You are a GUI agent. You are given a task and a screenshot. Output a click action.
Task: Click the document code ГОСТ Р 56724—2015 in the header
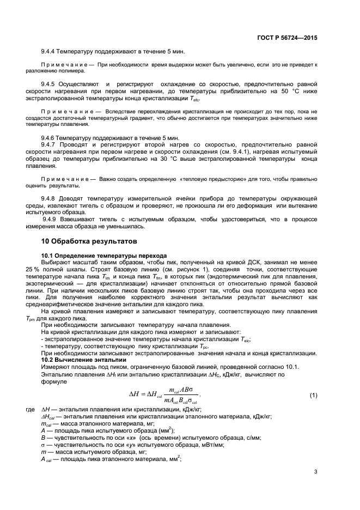pos(287,38)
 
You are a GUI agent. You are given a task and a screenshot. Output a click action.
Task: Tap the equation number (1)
pos(313,394)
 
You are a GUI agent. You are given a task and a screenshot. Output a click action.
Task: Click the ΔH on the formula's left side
pos(134,394)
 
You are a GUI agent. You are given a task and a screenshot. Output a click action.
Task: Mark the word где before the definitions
pos(30,409)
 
